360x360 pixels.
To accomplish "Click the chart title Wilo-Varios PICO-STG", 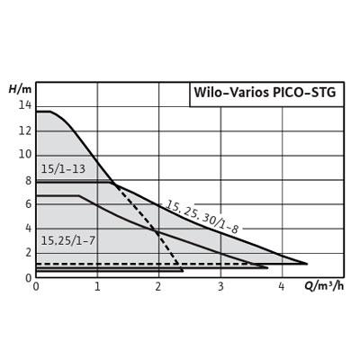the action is click(x=265, y=93).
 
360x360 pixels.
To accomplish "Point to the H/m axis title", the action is click(x=20, y=89).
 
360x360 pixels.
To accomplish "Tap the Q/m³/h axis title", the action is click(x=324, y=286).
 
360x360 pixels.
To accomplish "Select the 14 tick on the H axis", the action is click(x=24, y=105).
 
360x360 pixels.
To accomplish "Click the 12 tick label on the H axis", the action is click(x=24, y=130).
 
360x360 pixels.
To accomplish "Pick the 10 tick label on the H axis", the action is click(x=24, y=155).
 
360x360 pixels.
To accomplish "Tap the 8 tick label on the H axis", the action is click(x=28, y=181).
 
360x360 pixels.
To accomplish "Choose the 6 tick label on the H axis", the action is click(x=28, y=204).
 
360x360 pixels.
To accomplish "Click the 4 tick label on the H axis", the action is click(x=28, y=229).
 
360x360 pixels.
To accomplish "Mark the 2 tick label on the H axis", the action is click(x=28, y=253).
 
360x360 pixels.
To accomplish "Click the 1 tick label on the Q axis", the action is click(x=97, y=286).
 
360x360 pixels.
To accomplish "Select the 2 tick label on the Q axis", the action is click(x=158, y=286).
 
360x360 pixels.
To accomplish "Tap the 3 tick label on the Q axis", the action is click(x=220, y=286).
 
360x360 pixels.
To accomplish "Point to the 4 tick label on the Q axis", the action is click(x=282, y=286).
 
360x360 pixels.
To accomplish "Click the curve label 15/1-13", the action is click(x=63, y=169).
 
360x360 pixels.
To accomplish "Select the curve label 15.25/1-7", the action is click(x=67, y=240).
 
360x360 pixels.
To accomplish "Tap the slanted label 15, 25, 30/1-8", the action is click(x=202, y=217).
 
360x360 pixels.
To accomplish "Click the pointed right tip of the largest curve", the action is click(x=307, y=264).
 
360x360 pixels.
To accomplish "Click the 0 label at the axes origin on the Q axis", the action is click(x=36, y=286).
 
